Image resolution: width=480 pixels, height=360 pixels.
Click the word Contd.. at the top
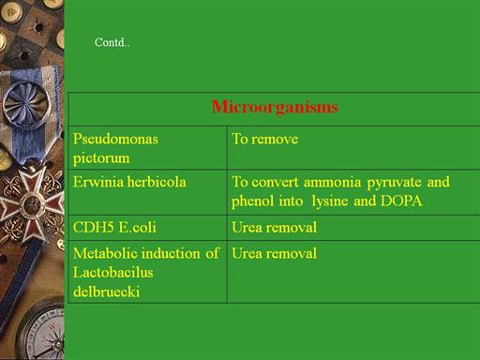[112, 42]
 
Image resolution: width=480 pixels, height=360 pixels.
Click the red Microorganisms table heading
[275, 107]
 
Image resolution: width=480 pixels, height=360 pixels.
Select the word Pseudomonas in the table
[115, 139]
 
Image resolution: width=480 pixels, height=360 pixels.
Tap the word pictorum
[101, 158]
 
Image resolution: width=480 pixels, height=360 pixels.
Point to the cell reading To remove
[264, 139]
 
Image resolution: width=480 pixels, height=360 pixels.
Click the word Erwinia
[98, 182]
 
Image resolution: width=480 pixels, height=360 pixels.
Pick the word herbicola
[157, 182]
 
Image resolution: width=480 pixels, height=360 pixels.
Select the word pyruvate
[394, 183]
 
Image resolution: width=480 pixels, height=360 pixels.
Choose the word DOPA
[401, 201]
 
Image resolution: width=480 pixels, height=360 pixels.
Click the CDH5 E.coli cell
[114, 227]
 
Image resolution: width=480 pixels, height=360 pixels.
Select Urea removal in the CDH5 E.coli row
[274, 227]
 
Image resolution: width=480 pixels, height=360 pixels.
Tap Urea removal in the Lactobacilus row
[274, 253]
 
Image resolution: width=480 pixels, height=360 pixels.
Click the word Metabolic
[105, 253]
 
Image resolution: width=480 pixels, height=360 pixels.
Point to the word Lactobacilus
[113, 273]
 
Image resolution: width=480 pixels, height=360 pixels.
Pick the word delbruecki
[106, 292]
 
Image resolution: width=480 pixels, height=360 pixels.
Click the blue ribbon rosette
[25, 105]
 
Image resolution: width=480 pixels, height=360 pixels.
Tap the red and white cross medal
[31, 203]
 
